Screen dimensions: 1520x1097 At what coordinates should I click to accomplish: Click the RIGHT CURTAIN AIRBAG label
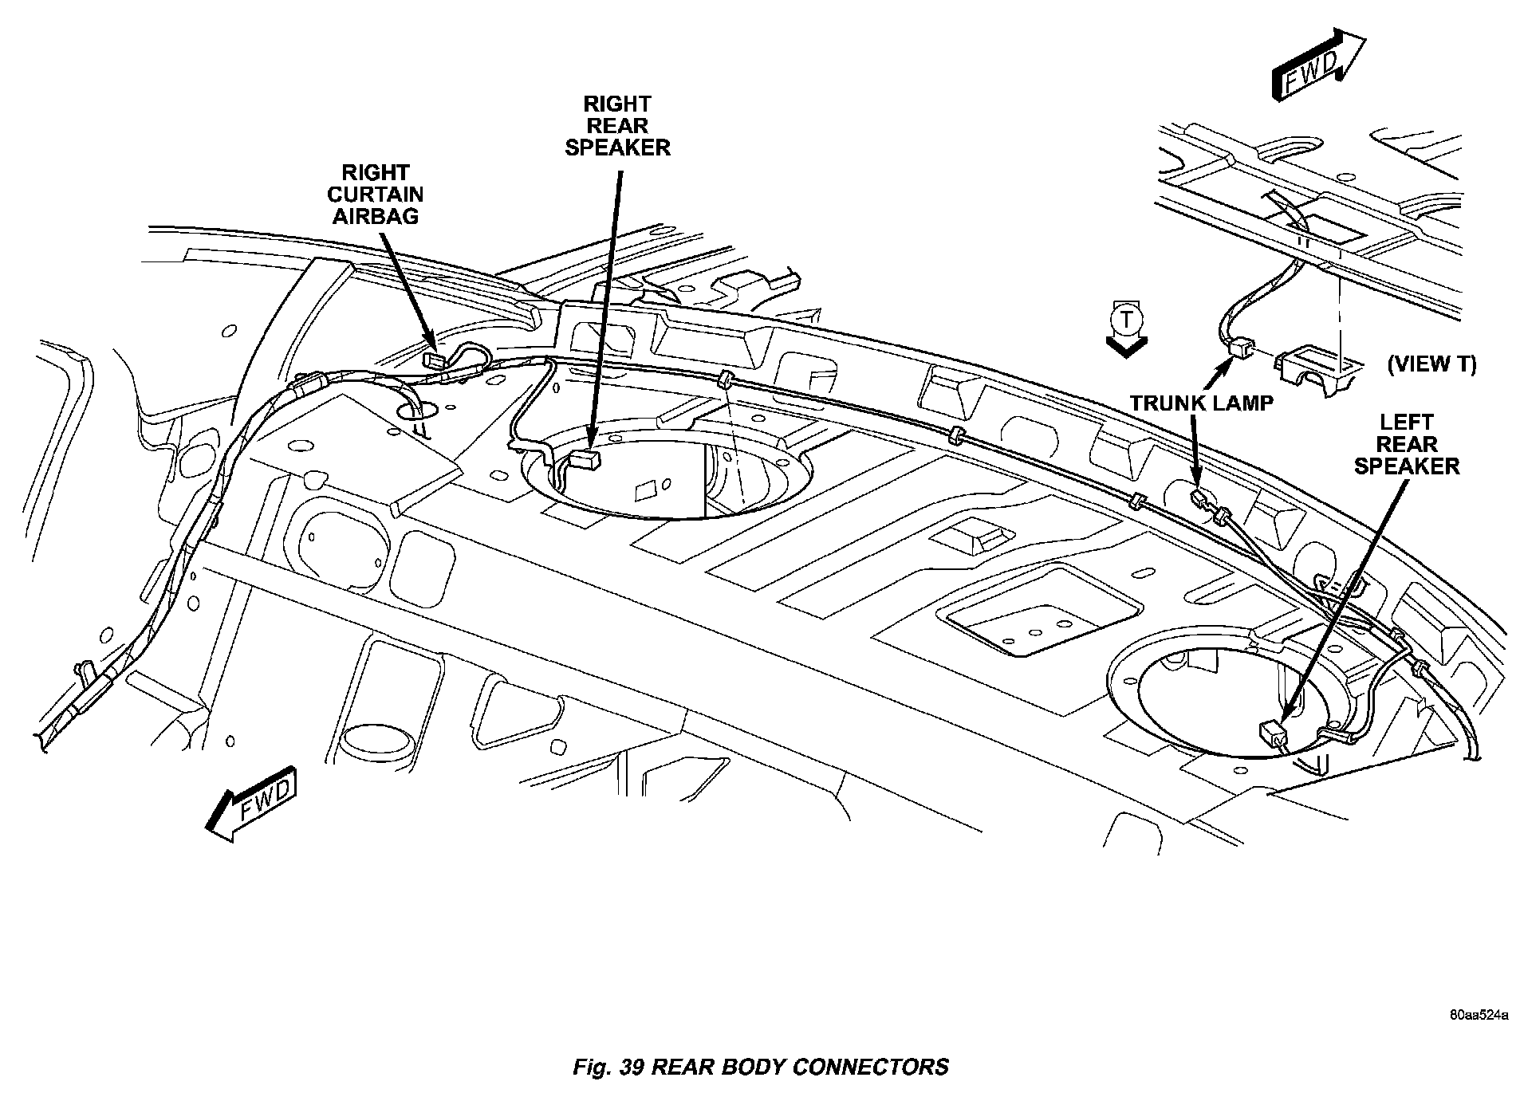click(375, 195)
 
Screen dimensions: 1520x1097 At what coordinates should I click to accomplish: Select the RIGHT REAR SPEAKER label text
click(617, 126)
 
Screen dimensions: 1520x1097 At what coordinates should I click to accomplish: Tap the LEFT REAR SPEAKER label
click(1407, 444)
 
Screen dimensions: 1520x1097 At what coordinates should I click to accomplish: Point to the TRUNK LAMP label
click(1201, 403)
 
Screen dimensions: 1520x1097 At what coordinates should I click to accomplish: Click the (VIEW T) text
click(1432, 364)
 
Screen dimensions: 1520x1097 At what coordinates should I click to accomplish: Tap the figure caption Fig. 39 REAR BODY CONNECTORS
click(761, 1067)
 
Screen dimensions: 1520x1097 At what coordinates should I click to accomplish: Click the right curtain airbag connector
click(435, 359)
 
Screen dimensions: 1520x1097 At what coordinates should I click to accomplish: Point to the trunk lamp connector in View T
click(1241, 348)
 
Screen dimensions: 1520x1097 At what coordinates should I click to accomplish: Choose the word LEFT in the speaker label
click(1406, 423)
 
